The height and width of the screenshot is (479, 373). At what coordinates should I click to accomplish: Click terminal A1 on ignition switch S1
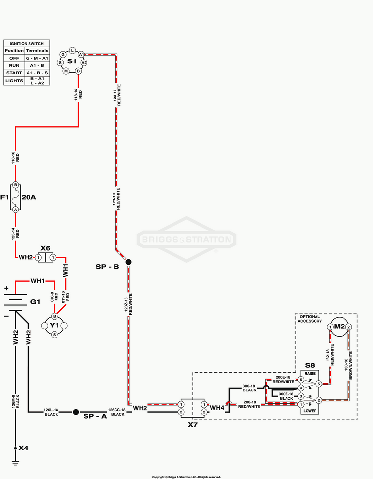(x=81, y=54)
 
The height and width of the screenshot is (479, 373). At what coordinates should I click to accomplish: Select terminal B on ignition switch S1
(x=78, y=71)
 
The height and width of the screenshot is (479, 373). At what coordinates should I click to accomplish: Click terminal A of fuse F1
(x=16, y=209)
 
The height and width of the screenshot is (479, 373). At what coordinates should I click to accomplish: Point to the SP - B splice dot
(x=128, y=262)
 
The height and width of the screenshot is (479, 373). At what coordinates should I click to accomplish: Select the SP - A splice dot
(x=76, y=412)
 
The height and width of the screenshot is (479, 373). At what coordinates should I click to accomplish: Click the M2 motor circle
(x=340, y=326)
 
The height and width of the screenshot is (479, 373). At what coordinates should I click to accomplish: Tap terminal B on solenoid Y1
(x=55, y=316)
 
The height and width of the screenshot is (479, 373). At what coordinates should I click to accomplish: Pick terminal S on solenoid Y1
(x=55, y=334)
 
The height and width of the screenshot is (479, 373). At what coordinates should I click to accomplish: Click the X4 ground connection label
(x=23, y=448)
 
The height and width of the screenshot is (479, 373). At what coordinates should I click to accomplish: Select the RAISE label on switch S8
(x=310, y=374)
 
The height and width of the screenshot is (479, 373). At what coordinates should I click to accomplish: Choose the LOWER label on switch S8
(x=310, y=410)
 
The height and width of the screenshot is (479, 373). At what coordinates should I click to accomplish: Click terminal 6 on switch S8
(x=301, y=380)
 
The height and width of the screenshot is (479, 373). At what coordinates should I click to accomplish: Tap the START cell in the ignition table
(x=14, y=73)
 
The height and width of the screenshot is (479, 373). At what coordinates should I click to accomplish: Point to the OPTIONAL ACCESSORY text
(x=310, y=319)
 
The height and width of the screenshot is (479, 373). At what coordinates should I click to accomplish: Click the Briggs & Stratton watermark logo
(x=186, y=240)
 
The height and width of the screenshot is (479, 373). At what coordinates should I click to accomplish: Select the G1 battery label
(x=35, y=302)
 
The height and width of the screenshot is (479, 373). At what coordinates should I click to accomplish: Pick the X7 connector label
(x=193, y=424)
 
